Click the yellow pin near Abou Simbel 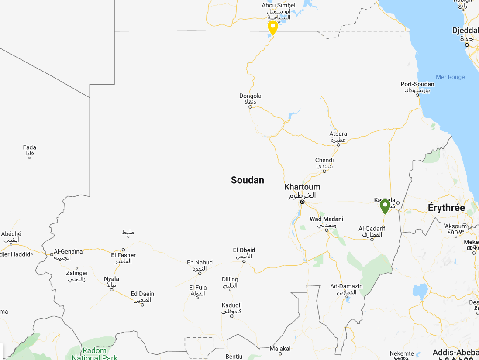pyautogui.click(x=273, y=27)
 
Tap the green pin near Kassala pyautogui.click(x=385, y=206)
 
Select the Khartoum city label pyautogui.click(x=302, y=187)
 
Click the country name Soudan pyautogui.click(x=248, y=180)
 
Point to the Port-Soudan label pyautogui.click(x=417, y=84)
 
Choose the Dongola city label pyautogui.click(x=250, y=96)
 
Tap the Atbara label pyautogui.click(x=338, y=134)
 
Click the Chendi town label pyautogui.click(x=324, y=161)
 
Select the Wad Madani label pyautogui.click(x=326, y=219)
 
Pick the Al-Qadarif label pyautogui.click(x=372, y=229)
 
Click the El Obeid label pyautogui.click(x=244, y=250)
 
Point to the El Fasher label pyautogui.click(x=124, y=255)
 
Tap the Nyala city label pyautogui.click(x=111, y=279)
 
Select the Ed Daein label pyautogui.click(x=142, y=294)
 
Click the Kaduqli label pyautogui.click(x=231, y=305)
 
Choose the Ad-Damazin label pyautogui.click(x=346, y=286)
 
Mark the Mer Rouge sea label pyautogui.click(x=450, y=77)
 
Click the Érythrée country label pyautogui.click(x=446, y=208)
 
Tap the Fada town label pyautogui.click(x=30, y=147)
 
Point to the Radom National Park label pyautogui.click(x=94, y=354)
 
